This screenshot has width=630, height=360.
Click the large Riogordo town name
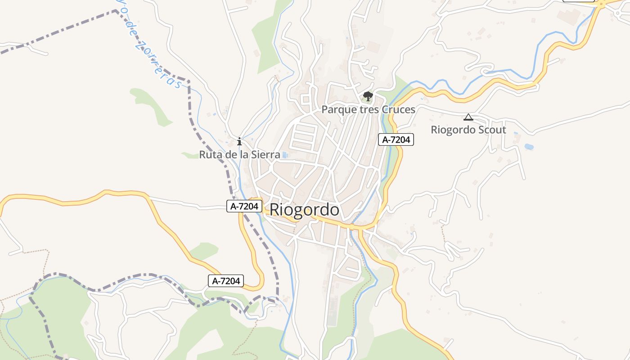click(x=304, y=210)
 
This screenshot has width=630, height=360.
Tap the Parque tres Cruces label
click(x=368, y=110)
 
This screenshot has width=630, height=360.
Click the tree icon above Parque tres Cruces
click(x=368, y=96)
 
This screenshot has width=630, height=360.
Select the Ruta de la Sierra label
click(x=239, y=155)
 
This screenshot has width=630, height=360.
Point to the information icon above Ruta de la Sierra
click(x=239, y=141)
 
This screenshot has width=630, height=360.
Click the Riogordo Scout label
click(x=468, y=130)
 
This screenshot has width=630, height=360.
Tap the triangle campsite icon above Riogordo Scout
click(x=468, y=117)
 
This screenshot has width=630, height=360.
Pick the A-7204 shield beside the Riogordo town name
click(x=244, y=207)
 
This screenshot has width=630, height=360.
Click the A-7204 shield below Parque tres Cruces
click(x=396, y=140)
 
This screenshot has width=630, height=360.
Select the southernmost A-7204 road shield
click(x=226, y=281)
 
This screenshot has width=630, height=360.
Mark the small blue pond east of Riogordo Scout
click(x=529, y=147)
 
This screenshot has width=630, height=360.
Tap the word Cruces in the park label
click(x=398, y=110)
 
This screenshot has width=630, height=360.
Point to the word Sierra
click(x=266, y=155)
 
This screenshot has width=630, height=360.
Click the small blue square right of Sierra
click(x=285, y=155)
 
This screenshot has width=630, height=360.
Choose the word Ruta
click(x=209, y=155)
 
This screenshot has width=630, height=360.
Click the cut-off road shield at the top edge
click(x=578, y=1)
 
